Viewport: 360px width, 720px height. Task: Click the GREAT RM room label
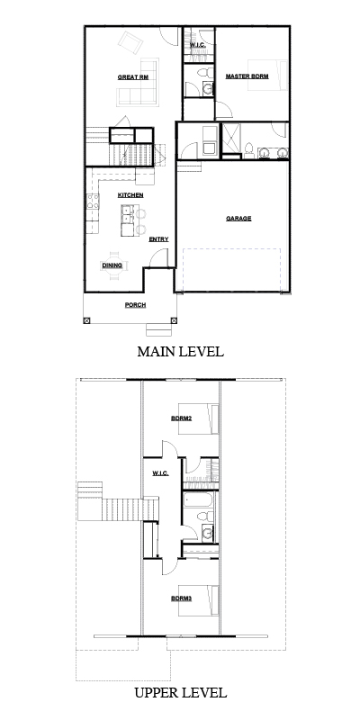[133, 77]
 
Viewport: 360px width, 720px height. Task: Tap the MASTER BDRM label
[247, 76]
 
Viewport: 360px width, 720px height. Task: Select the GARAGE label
[238, 219]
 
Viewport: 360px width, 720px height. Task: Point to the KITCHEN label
[130, 195]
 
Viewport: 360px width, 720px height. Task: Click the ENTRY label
[159, 239]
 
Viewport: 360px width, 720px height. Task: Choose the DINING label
[112, 265]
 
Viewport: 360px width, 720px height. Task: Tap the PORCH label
[136, 305]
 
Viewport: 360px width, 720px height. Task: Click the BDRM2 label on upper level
[182, 418]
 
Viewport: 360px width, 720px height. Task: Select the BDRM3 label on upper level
[182, 598]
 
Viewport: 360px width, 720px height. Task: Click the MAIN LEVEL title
[181, 352]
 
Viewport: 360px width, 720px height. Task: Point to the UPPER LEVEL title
[181, 692]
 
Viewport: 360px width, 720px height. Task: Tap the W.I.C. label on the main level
[197, 45]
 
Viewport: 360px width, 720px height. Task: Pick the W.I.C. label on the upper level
[160, 473]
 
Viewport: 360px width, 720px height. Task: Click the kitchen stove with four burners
[94, 202]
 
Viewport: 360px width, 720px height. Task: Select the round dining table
[114, 265]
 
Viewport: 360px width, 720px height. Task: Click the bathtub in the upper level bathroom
[198, 500]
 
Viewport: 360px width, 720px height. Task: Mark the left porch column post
[86, 320]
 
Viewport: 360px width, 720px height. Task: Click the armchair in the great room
[130, 42]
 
